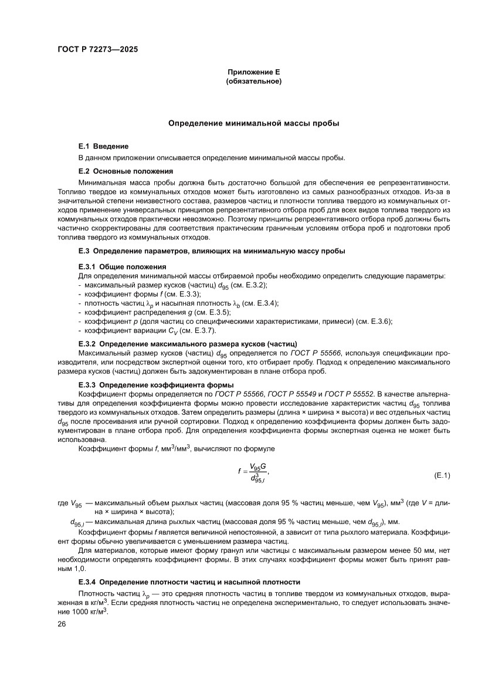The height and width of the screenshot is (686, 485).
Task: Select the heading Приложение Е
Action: click(x=254, y=72)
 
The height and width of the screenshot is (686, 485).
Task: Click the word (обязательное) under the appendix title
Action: click(x=254, y=81)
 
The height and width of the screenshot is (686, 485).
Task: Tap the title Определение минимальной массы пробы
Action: click(x=254, y=124)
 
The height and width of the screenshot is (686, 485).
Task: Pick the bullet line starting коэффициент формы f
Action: click(x=140, y=293)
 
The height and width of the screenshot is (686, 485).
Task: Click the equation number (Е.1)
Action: click(x=442, y=475)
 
